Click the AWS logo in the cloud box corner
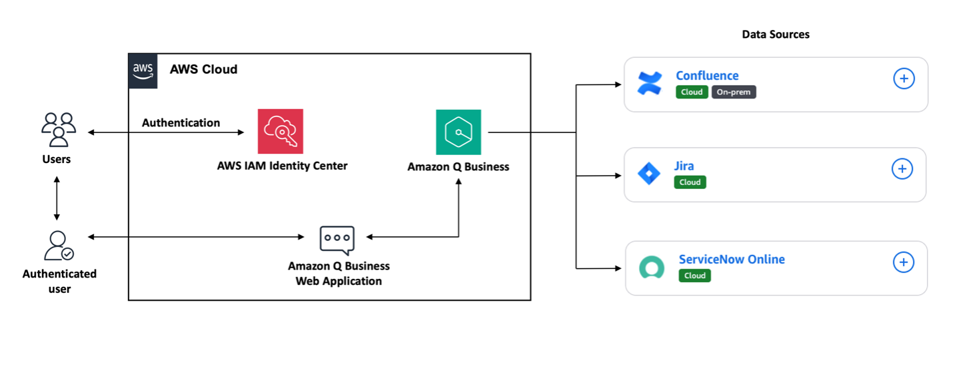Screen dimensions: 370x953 click(x=143, y=71)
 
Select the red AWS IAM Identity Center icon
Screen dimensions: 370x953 click(x=281, y=132)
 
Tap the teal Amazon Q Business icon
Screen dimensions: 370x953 click(x=459, y=132)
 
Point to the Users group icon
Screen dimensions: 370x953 click(x=59, y=129)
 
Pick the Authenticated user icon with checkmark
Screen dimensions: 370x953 click(x=59, y=246)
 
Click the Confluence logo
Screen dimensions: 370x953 click(x=649, y=84)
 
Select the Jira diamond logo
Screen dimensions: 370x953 click(x=648, y=174)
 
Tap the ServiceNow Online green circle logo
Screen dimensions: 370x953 click(x=651, y=268)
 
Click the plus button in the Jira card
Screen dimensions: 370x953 click(x=902, y=169)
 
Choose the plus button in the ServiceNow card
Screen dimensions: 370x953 click(x=904, y=262)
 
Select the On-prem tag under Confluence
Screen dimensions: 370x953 click(x=734, y=92)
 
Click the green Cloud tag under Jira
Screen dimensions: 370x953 click(x=690, y=182)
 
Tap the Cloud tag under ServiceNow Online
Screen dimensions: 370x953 click(x=694, y=276)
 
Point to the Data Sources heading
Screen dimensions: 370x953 click(x=776, y=35)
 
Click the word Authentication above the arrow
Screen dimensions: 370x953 click(x=181, y=123)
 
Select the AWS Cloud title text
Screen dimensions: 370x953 click(x=203, y=69)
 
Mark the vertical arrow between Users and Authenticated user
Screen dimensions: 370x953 click(x=57, y=198)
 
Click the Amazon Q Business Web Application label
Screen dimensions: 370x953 click(x=339, y=274)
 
